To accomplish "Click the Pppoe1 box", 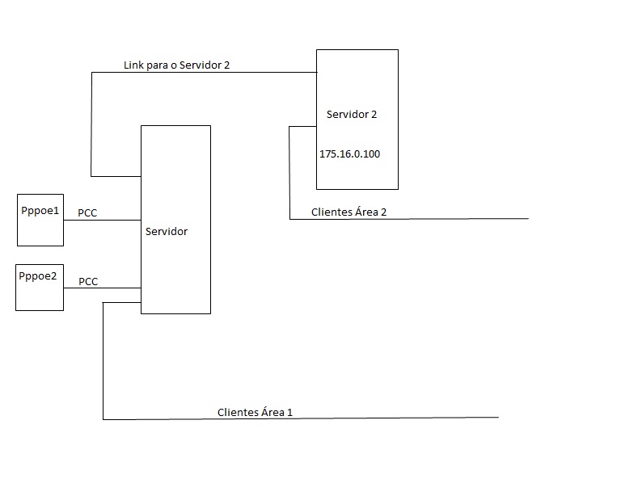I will pos(40,220).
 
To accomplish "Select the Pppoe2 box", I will pos(40,288).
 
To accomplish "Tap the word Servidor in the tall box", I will pos(167,232).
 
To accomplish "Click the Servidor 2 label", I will pos(352,115).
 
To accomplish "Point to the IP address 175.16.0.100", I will pos(349,153).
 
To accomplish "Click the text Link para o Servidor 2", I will pos(177,65).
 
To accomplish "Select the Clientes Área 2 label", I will pos(349,212).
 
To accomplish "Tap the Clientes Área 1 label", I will pos(255,412).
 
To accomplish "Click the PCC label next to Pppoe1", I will pos(88,213).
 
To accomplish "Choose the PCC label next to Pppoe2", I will pos(88,282).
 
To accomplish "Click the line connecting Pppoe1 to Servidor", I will pos(103,221).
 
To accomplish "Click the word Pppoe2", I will pos(40,275).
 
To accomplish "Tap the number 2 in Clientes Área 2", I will pos(383,212).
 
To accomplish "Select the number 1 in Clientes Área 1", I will pos(289,412).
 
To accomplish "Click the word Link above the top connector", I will pos(134,65).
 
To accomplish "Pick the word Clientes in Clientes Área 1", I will pos(237,412).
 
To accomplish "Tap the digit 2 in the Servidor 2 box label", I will pos(374,115).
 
